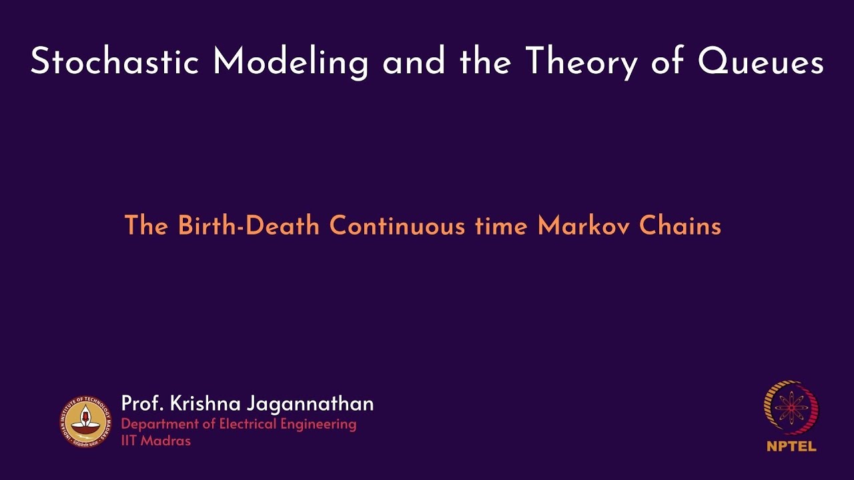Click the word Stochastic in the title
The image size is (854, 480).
[x=115, y=62]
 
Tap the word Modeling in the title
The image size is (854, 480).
[x=291, y=62]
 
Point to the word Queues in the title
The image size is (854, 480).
[x=761, y=63]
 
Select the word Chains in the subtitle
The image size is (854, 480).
[x=681, y=226]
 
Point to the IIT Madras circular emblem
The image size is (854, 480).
[x=85, y=421]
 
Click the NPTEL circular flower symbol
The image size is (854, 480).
[x=791, y=407]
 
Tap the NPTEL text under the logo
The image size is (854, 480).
[x=791, y=446]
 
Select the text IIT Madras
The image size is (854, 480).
[x=155, y=441]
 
